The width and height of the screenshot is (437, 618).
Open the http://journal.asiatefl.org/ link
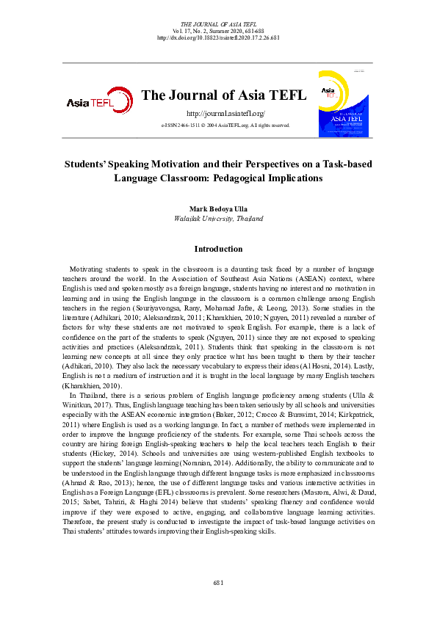click(225, 114)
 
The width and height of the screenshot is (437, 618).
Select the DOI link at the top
click(219, 37)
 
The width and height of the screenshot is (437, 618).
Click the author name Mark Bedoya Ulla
click(218, 209)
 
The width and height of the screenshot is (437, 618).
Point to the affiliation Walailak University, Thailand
click(218, 219)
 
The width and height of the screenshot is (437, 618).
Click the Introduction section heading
click(218, 249)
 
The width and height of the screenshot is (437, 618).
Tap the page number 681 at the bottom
click(218, 582)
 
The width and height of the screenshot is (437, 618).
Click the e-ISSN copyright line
click(225, 126)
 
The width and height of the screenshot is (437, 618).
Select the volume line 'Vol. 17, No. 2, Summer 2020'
click(218, 31)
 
